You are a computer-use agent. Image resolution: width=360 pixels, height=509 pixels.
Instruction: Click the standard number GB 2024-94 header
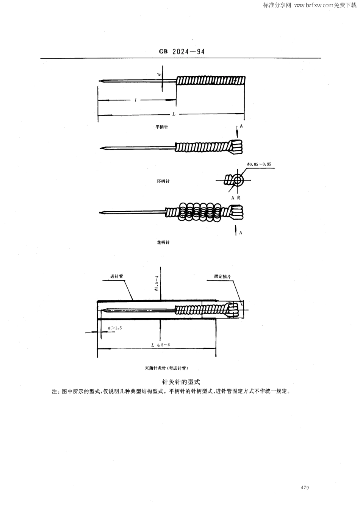tap(182, 52)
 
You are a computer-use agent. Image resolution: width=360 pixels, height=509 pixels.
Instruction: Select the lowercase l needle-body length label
tap(136, 100)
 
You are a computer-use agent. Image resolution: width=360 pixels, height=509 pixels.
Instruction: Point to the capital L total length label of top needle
tap(174, 114)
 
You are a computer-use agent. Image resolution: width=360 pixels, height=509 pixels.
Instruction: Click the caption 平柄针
tap(162, 127)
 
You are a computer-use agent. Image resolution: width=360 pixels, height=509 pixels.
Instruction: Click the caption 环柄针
tap(163, 181)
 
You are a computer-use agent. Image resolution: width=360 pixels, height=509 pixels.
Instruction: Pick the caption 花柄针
tap(163, 242)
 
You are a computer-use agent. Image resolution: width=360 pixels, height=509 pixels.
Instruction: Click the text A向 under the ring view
tap(236, 198)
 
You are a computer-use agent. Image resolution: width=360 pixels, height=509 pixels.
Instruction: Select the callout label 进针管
tap(117, 276)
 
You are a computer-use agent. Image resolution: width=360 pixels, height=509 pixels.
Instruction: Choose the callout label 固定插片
tap(222, 277)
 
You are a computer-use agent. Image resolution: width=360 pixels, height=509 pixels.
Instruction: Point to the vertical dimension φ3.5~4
tap(157, 284)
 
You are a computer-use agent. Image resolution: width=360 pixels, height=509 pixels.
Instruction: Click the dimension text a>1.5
tap(115, 328)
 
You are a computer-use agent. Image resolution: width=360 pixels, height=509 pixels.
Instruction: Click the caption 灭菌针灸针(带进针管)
tap(167, 368)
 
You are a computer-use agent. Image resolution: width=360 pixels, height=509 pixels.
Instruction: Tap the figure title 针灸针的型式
tap(180, 382)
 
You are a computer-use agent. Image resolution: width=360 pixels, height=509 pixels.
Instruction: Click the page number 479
tap(305, 487)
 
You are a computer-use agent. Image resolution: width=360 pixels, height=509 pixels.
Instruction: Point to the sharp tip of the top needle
tap(99, 80)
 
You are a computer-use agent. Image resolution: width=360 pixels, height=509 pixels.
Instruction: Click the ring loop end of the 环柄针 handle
tap(236, 147)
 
